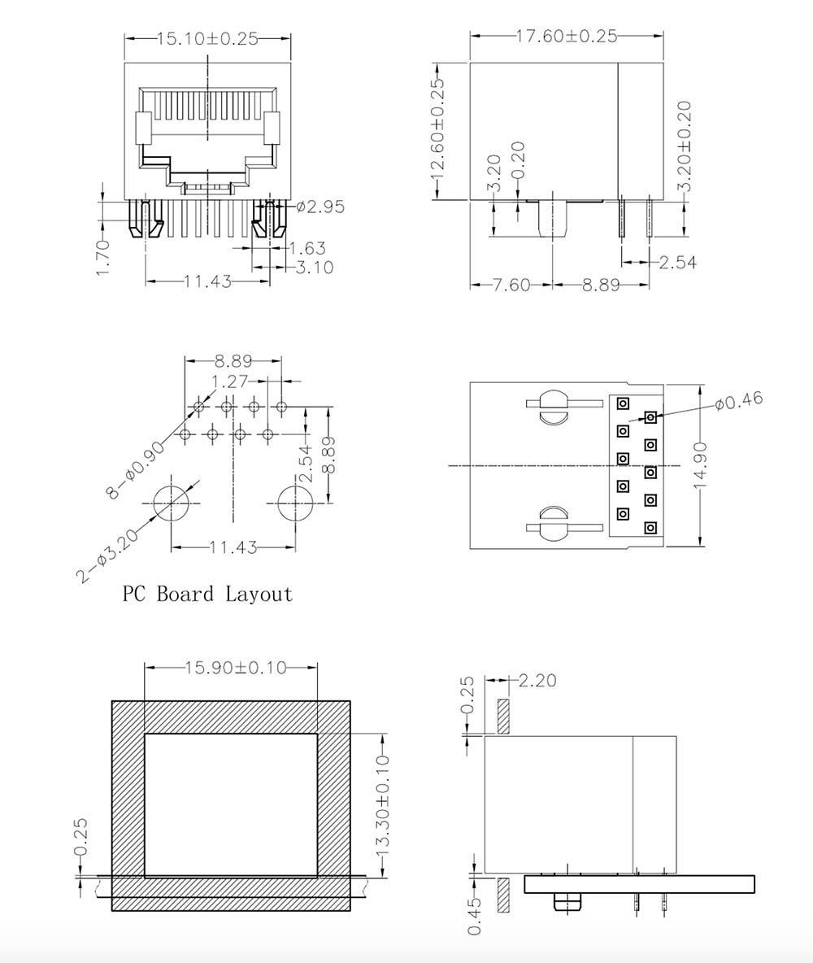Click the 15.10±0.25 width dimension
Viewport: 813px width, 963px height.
click(x=207, y=38)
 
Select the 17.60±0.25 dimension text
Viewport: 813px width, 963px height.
click(x=566, y=36)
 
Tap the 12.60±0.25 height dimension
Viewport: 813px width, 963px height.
click(x=438, y=129)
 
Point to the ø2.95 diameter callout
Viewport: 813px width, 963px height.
click(x=320, y=207)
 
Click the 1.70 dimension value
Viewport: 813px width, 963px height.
click(x=104, y=257)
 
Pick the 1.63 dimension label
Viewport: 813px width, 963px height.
click(x=307, y=249)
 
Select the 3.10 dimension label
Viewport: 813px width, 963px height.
click(x=315, y=267)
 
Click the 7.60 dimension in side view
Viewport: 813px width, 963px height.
click(x=511, y=285)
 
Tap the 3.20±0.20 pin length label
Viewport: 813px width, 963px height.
click(x=686, y=146)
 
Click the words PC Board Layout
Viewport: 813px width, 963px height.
click(x=207, y=594)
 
